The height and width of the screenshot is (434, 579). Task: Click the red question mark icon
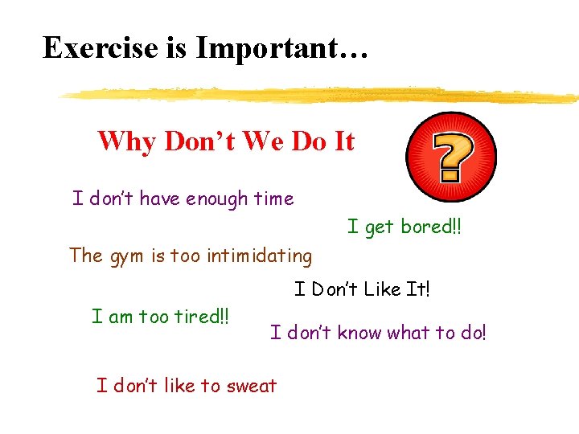tap(451, 156)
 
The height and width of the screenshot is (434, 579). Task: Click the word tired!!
tap(202, 316)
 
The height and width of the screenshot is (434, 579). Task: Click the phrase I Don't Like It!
tap(362, 289)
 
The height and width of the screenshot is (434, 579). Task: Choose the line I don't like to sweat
tap(187, 386)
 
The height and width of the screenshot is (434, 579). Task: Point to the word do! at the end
tap(472, 332)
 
